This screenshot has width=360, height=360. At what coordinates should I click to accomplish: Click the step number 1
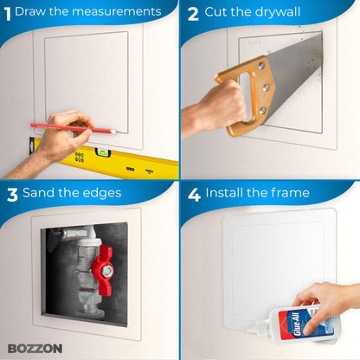(x=7, y=12)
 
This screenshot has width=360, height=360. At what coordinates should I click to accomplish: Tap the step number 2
(x=193, y=13)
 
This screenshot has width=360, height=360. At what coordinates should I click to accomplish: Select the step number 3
(x=11, y=193)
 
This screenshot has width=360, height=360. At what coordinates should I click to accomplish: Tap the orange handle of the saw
(x=246, y=95)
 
